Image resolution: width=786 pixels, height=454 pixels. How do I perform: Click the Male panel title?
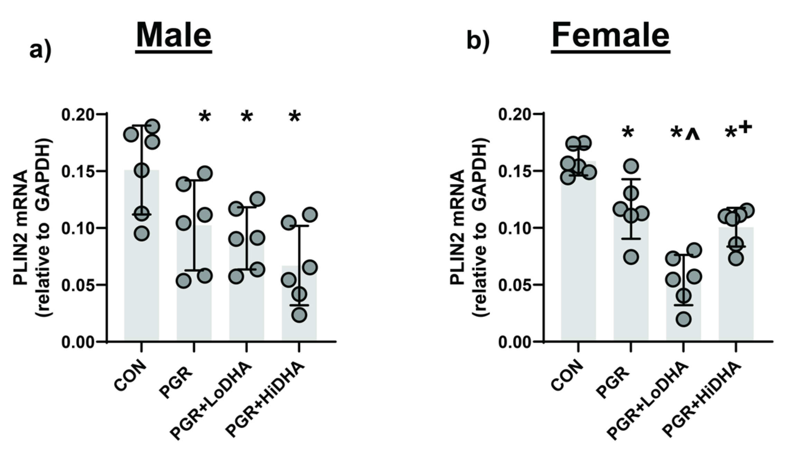coord(173,36)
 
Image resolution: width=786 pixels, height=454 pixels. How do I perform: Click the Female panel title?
coord(610,36)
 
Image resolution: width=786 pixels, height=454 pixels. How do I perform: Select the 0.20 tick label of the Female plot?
coord(516,114)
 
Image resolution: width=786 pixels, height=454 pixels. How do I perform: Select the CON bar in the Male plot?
coord(141,276)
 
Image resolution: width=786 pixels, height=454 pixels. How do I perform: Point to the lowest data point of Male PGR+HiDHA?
coord(299,315)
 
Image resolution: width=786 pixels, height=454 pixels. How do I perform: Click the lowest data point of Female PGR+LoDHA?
coord(684,319)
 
